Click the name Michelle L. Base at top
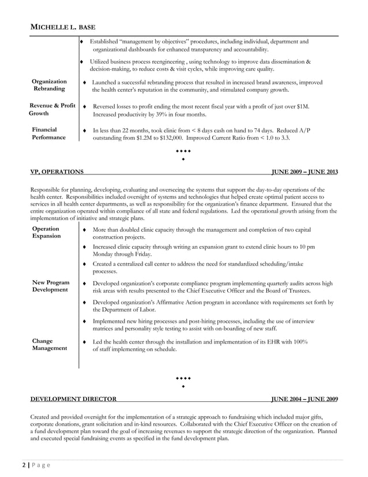coord(62,27)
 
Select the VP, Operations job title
coord(56,172)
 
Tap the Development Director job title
coord(73,399)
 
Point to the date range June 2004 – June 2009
coord(305,399)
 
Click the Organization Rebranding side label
coord(49,86)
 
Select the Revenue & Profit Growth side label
coord(52,110)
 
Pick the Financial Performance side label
coord(48,135)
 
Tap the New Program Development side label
coord(51,286)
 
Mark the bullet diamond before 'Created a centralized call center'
coord(85,263)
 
